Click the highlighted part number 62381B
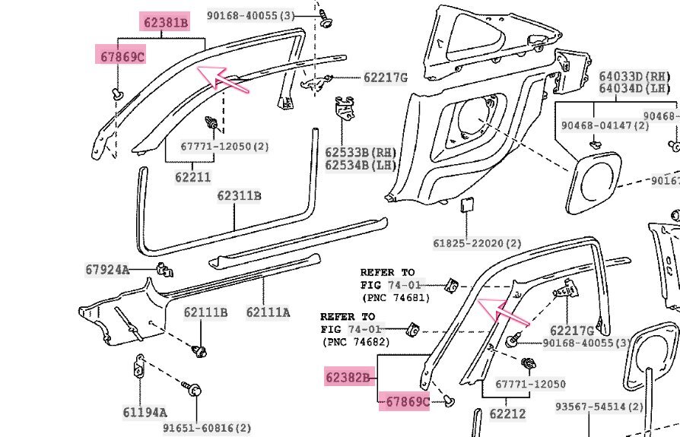tap(165, 23)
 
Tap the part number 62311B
tap(239, 196)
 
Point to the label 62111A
tap(268, 312)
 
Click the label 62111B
tap(205, 312)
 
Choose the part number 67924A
tap(107, 269)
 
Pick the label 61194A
tap(145, 413)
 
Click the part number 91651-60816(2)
tap(207, 428)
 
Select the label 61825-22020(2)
tap(478, 243)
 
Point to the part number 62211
tap(192, 178)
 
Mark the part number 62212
tap(507, 415)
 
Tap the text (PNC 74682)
tap(354, 342)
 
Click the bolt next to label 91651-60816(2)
tap(192, 392)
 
